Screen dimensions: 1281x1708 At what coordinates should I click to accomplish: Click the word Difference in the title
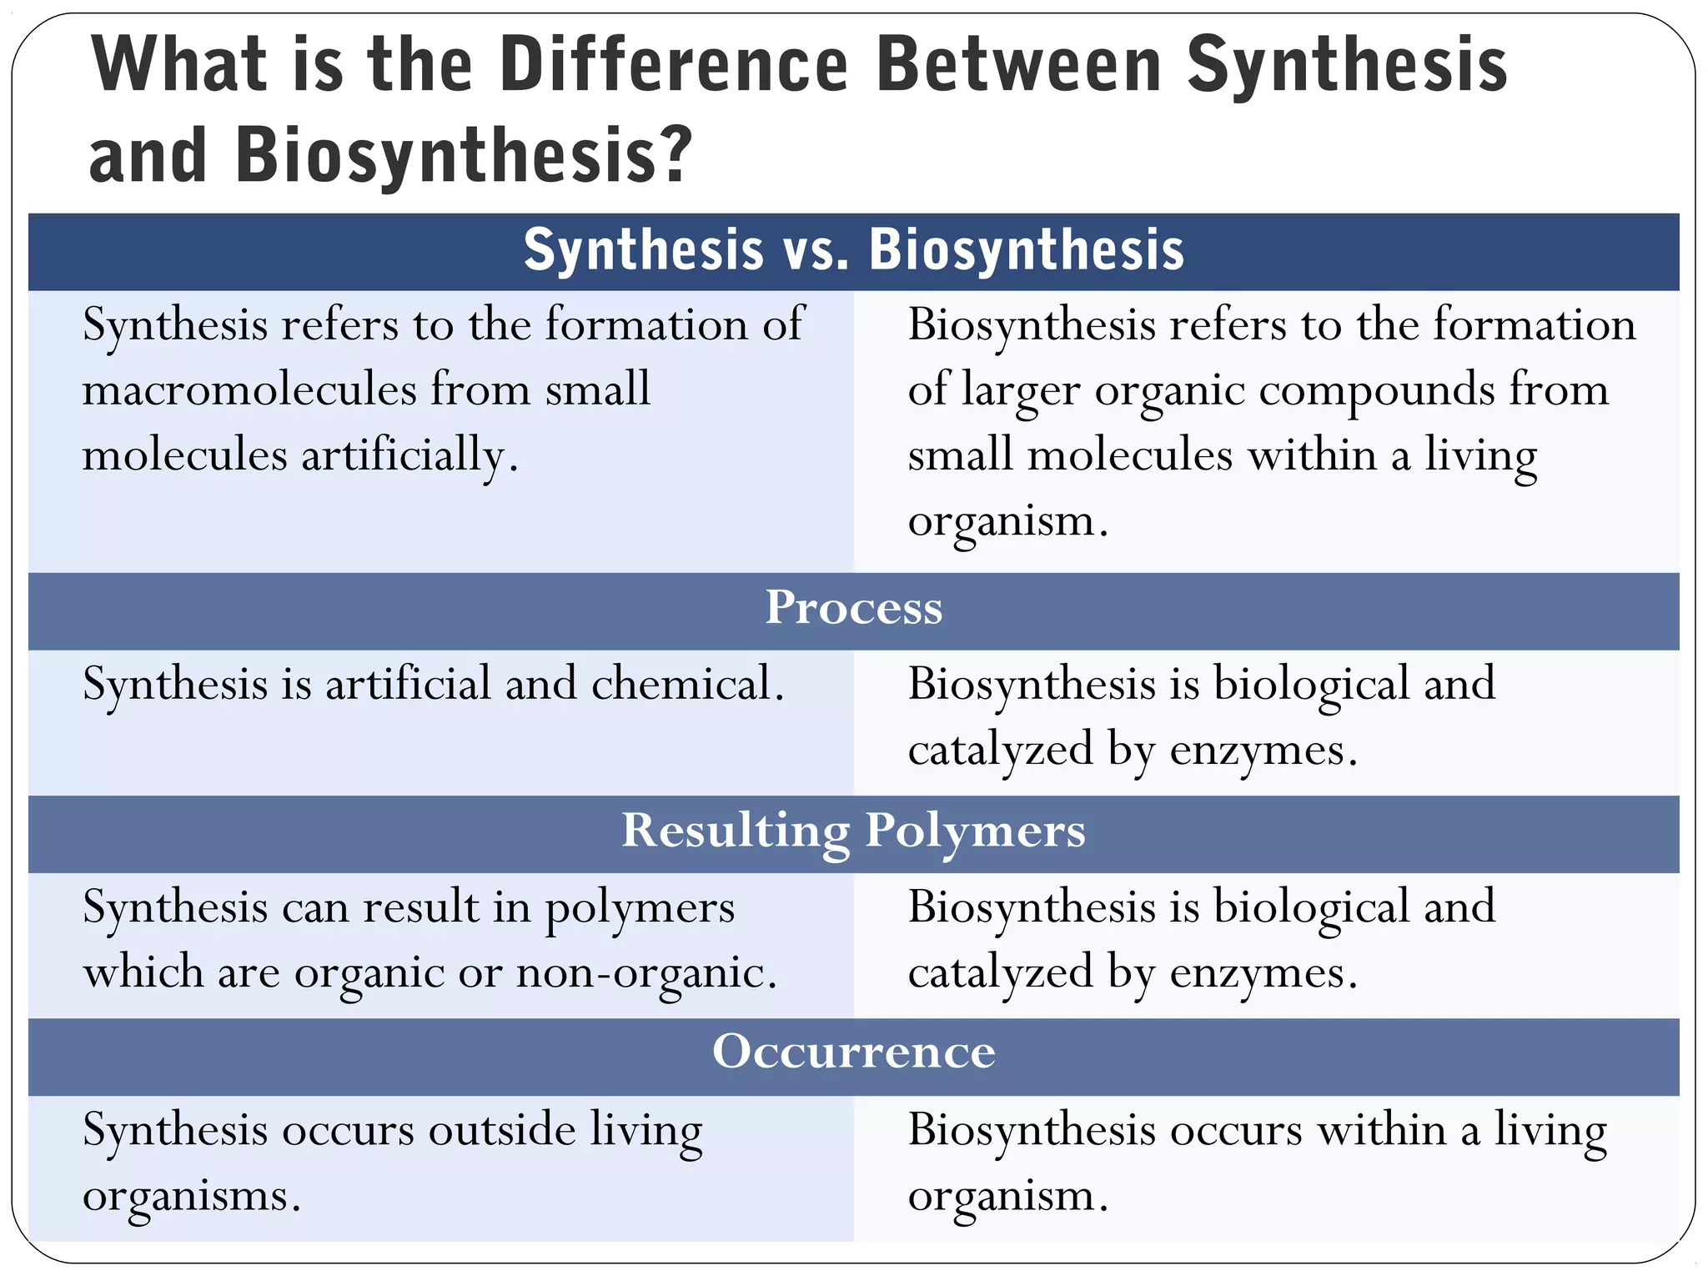coord(675,65)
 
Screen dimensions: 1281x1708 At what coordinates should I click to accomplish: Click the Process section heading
coord(853,608)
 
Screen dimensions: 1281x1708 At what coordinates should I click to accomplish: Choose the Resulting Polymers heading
coord(853,831)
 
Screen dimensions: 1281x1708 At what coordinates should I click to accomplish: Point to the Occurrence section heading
coord(853,1052)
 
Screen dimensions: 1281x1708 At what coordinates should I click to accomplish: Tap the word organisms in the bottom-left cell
coord(191,1196)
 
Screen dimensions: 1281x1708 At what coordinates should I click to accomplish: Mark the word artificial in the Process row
coord(408,684)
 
